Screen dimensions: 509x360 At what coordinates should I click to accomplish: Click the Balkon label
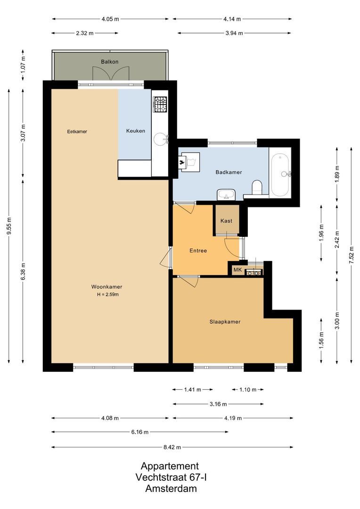tap(109, 62)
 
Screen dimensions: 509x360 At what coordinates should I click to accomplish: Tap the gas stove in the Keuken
tap(160, 104)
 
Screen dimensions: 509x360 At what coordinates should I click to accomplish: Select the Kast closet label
tap(227, 221)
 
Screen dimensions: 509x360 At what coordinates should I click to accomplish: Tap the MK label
tap(237, 270)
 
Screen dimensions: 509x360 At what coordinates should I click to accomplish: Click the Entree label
tap(198, 251)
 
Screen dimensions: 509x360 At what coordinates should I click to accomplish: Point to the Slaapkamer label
tap(225, 322)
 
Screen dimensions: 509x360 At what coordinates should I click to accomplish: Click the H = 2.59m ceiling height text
tap(107, 295)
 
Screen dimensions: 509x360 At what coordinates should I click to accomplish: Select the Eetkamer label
tap(77, 131)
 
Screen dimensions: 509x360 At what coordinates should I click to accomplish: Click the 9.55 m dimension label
tap(9, 227)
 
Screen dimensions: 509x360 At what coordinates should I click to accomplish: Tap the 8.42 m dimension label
tap(172, 447)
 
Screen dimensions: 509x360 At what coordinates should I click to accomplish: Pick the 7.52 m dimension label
tap(351, 255)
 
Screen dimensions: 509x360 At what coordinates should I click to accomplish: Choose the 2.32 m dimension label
tap(85, 33)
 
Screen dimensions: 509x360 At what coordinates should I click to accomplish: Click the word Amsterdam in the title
tap(172, 489)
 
